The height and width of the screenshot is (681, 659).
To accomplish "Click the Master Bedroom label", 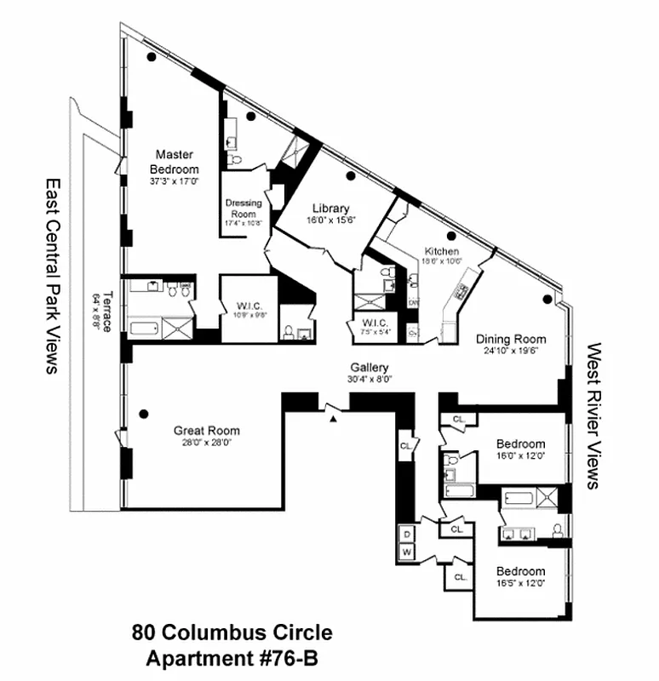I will coord(174,162).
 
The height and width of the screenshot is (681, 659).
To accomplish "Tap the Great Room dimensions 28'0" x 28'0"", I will coord(206,443).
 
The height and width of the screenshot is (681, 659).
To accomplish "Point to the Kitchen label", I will coord(442,251).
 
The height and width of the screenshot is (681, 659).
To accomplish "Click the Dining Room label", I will coord(511,339).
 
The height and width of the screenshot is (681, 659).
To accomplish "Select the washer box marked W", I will coord(407,552).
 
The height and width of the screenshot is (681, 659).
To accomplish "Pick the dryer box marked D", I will coord(407,533).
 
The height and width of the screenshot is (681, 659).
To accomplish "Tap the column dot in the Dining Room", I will coord(547,299).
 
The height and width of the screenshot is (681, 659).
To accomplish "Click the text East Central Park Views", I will coord(52,276).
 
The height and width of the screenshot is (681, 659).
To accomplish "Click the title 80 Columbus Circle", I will coord(232,633).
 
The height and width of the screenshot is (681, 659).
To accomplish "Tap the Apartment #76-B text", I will coord(232,658).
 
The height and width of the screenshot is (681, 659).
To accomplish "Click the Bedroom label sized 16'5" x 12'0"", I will coord(521,571).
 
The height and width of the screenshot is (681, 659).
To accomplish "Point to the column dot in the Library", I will coord(350,177).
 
